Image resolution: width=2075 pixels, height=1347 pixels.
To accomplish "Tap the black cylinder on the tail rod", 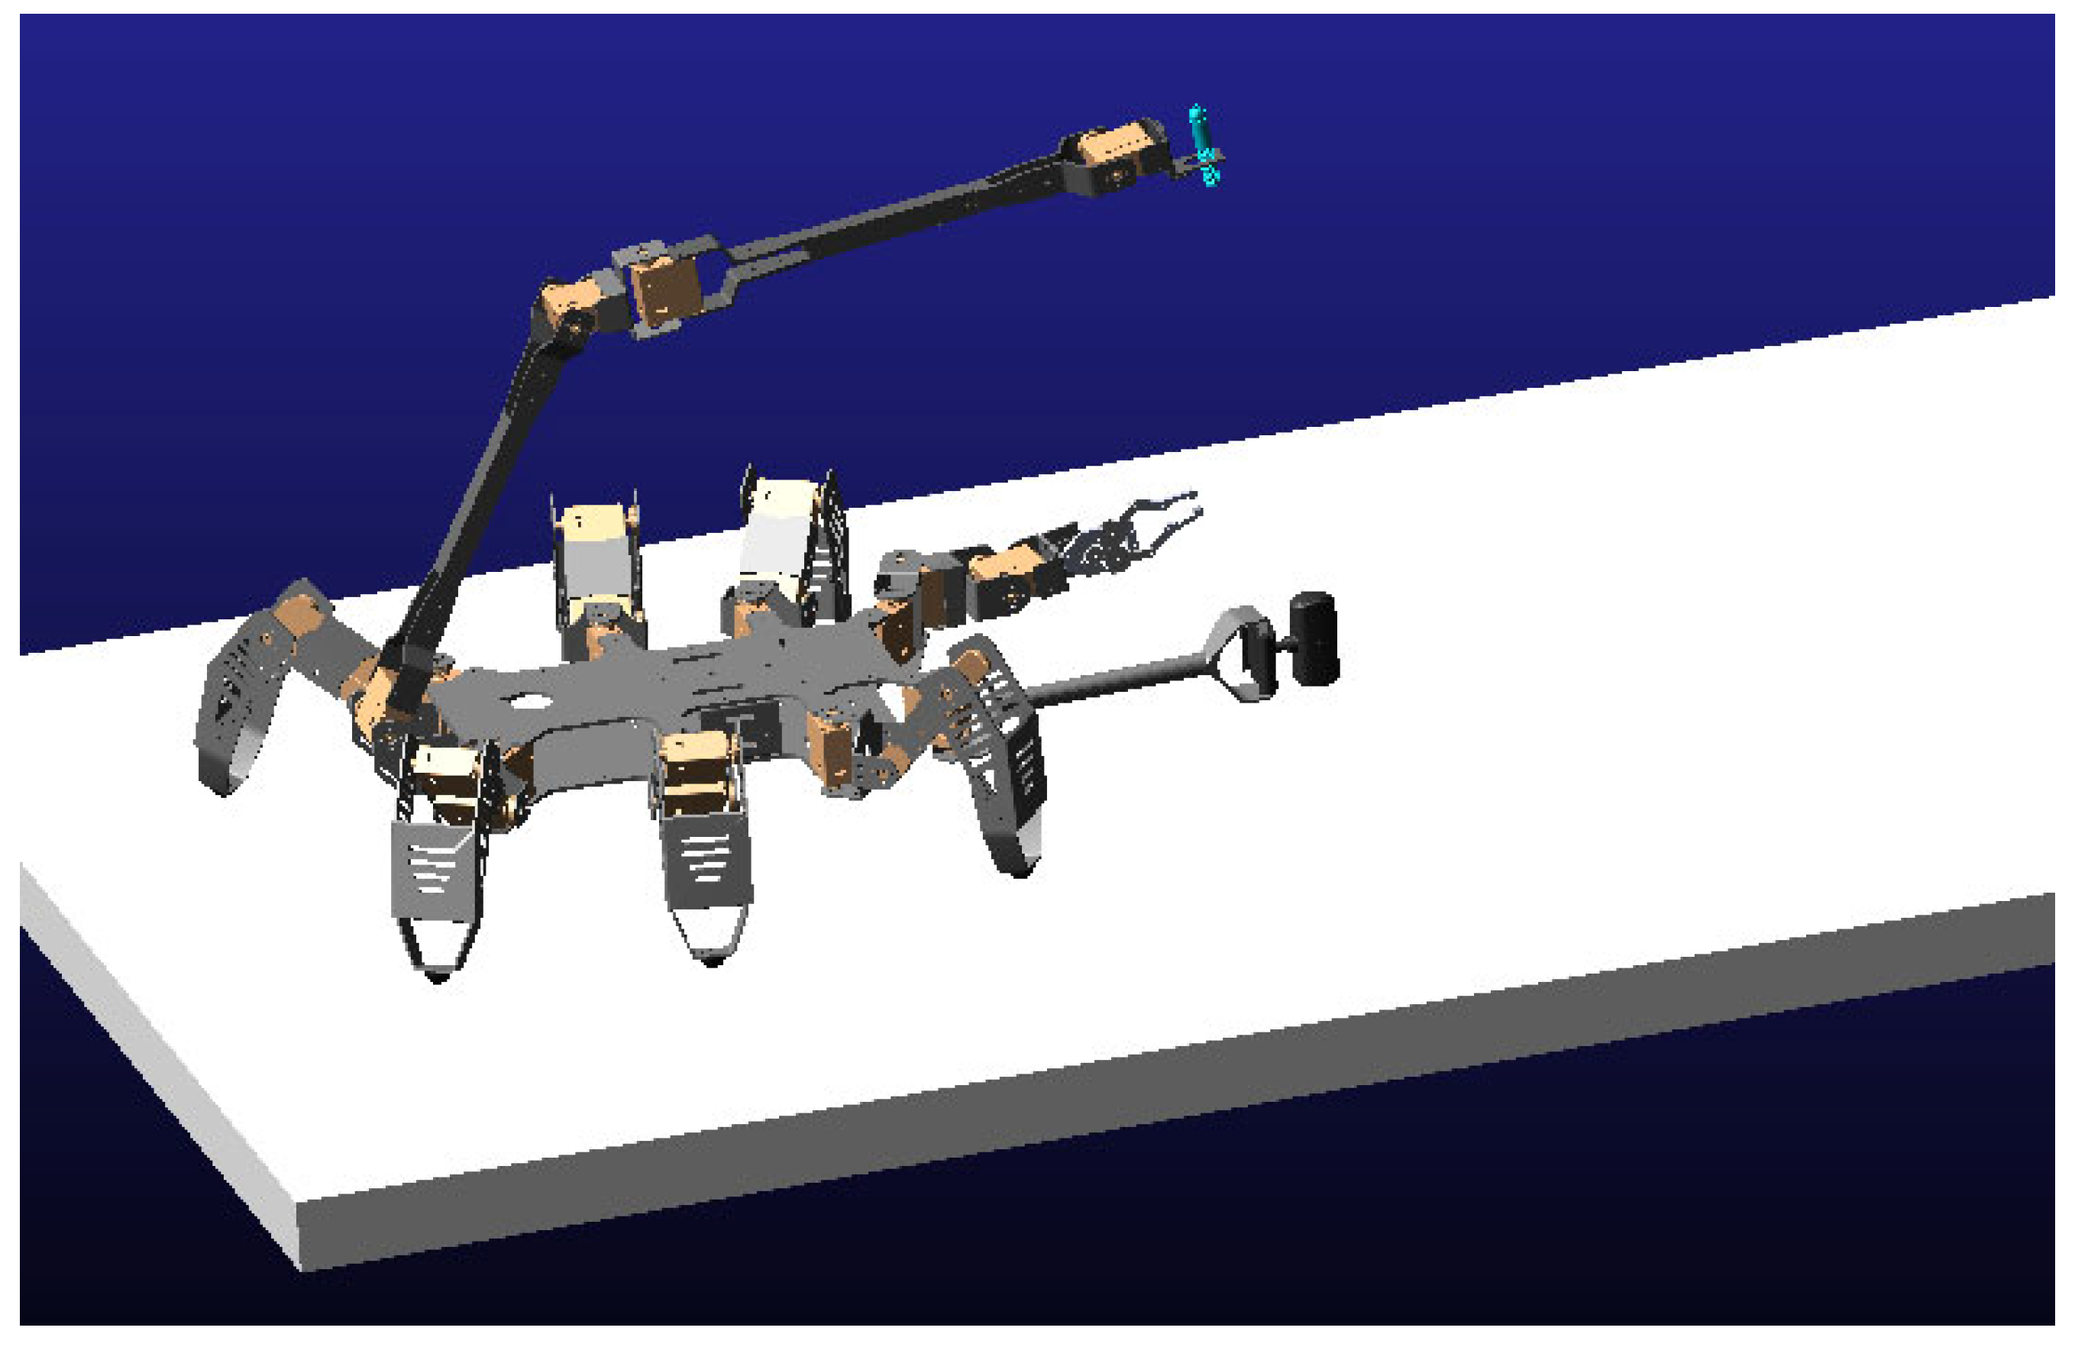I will point(1314,638).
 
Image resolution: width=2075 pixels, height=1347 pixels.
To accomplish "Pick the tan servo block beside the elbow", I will point(665,289).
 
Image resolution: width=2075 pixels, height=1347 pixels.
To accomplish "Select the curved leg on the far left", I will point(235,697).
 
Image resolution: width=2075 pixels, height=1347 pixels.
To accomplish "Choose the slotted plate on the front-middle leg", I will point(707,859).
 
